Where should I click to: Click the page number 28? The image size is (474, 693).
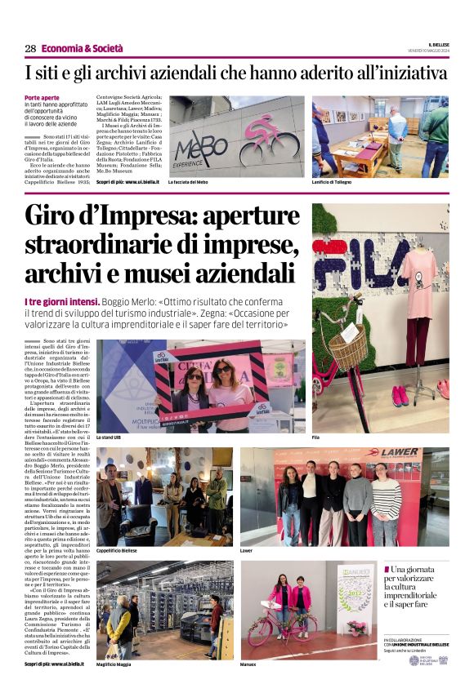(x=30, y=48)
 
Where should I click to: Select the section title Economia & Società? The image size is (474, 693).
(x=77, y=48)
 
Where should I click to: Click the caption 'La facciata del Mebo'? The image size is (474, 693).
(x=188, y=182)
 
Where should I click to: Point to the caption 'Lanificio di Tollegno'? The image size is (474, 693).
(x=333, y=182)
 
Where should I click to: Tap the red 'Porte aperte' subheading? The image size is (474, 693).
(x=42, y=98)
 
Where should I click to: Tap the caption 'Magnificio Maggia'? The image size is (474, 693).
(x=116, y=664)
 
